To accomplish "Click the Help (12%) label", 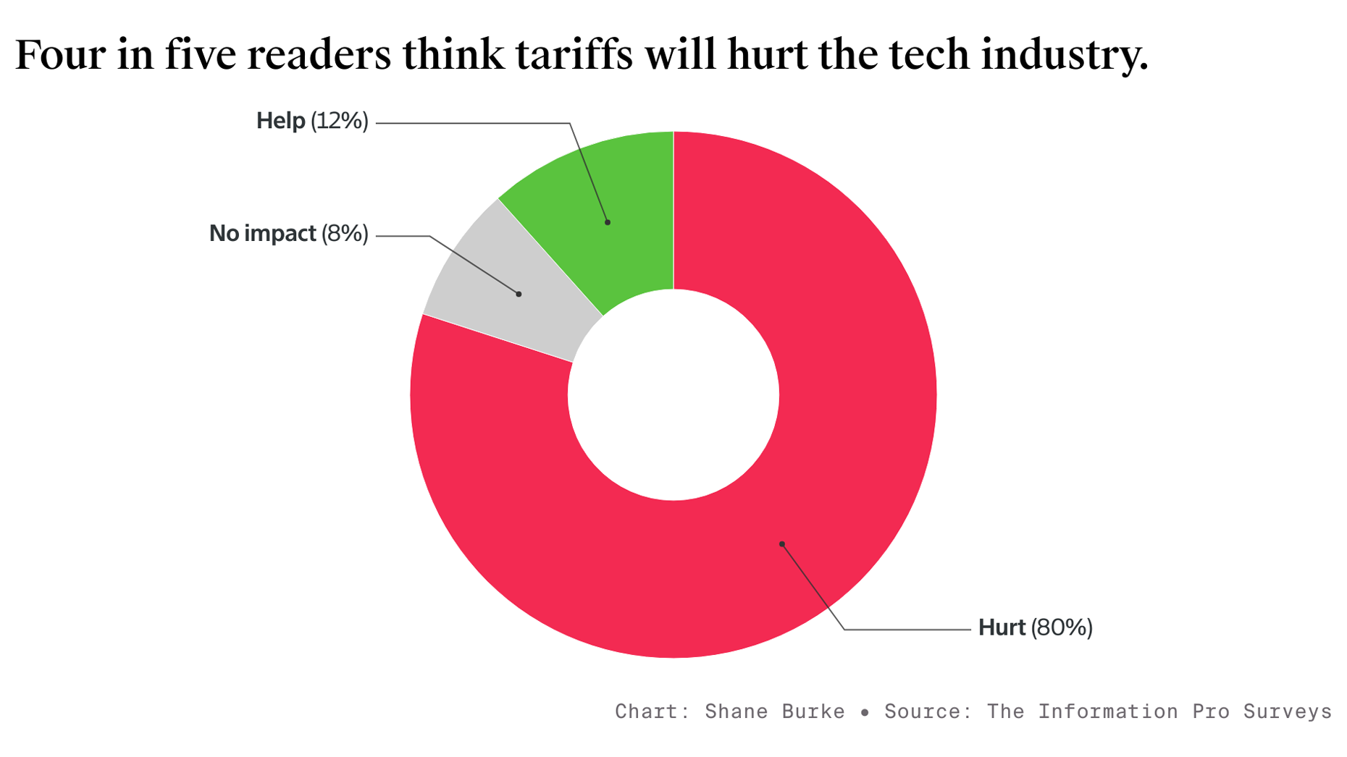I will tap(312, 121).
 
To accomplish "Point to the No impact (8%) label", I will tap(288, 234).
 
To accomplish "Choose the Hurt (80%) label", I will tap(1035, 627).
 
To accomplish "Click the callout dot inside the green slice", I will tap(608, 222).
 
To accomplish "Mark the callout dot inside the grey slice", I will tap(519, 294).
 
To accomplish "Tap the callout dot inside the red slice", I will tap(782, 544).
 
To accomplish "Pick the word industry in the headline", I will tap(1064, 54).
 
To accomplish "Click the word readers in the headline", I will tap(319, 54).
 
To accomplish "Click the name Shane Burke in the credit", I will tap(774, 711).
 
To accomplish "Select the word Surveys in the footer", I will tap(1287, 711).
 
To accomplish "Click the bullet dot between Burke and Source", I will tap(865, 712).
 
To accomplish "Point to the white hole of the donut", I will tap(673, 395).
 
